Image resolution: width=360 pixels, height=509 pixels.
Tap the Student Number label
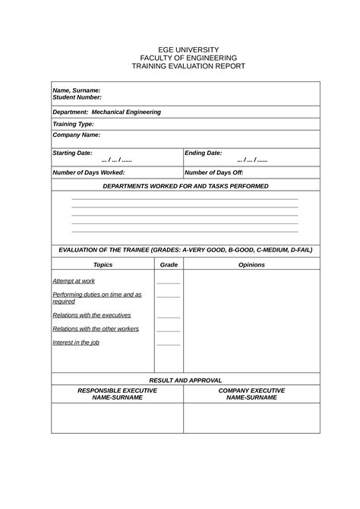pos(77,98)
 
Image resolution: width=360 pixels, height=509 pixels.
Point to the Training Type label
pos(73,123)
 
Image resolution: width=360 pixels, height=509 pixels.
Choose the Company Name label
pos(76,134)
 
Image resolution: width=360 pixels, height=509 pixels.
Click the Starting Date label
pos(72,153)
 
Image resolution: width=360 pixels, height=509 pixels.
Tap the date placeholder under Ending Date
pos(251,161)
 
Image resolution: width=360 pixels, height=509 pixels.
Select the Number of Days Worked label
pos(88,172)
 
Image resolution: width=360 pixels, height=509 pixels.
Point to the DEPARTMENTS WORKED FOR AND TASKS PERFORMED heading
pos(185,185)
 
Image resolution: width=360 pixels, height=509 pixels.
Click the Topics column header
pos(103,265)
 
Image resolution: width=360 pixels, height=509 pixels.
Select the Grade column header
pos(169,265)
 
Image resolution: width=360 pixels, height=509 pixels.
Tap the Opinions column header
pos(251,265)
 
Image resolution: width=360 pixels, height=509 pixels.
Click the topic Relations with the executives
pos(91,315)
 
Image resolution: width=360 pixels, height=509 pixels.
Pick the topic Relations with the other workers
pos(95,329)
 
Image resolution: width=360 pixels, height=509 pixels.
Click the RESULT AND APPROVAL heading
pos(185,380)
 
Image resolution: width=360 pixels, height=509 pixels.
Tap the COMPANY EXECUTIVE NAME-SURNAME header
pos(251,394)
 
